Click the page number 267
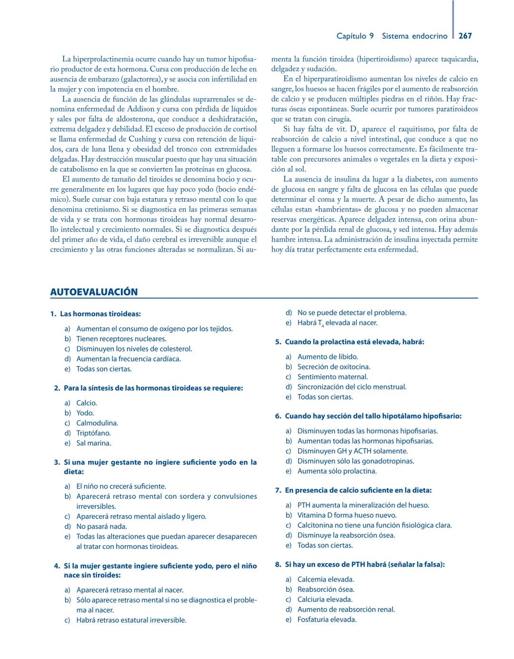(x=465, y=36)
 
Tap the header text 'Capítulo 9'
(x=355, y=36)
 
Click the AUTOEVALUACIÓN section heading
(x=94, y=292)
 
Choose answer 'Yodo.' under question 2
(x=85, y=413)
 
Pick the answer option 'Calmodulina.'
(x=97, y=423)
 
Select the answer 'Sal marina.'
(x=94, y=443)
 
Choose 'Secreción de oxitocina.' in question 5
(x=334, y=366)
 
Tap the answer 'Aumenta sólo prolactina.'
(x=337, y=471)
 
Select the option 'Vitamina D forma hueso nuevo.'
(x=347, y=515)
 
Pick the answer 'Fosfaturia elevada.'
(x=327, y=619)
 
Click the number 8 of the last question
(x=277, y=564)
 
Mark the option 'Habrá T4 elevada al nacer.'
(x=337, y=323)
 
